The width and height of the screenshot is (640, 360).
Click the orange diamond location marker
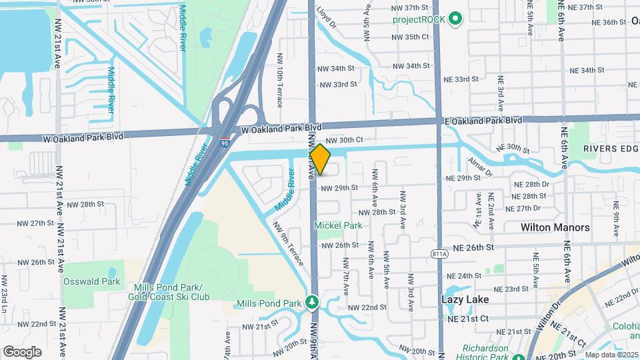[x=320, y=160]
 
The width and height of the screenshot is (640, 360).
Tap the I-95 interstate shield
[x=225, y=141]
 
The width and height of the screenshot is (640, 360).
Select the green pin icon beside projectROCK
[x=456, y=18]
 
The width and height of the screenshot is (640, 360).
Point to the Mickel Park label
[x=339, y=225]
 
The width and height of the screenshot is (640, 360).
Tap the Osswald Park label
[x=92, y=281]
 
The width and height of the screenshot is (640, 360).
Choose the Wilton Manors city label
[x=555, y=227]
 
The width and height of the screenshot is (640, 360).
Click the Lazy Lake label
[x=466, y=300]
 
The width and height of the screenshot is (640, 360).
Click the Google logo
[x=22, y=351]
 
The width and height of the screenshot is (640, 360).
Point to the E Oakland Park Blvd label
[x=483, y=121]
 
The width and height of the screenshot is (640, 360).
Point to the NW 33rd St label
[x=339, y=85]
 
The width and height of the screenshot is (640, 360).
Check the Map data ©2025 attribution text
[x=611, y=355]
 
